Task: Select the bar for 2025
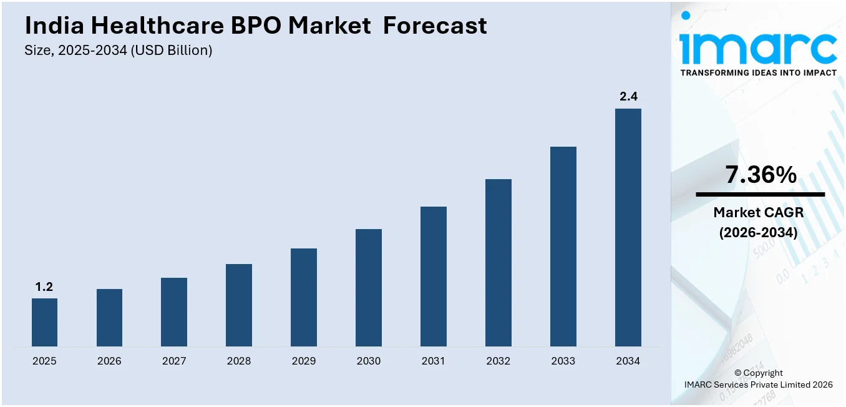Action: [44, 322]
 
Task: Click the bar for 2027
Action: [174, 312]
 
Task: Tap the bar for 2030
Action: [368, 288]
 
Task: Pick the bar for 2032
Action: [498, 263]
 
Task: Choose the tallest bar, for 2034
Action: [628, 227]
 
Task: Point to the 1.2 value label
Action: [44, 287]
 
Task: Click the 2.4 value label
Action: [628, 97]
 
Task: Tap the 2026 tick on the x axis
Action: [109, 361]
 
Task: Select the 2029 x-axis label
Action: [303, 361]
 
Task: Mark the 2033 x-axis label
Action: [563, 361]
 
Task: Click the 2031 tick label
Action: [433, 361]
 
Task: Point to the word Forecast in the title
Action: [435, 26]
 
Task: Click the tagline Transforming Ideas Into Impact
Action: [758, 73]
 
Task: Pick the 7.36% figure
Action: [760, 175]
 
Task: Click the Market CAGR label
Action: [758, 213]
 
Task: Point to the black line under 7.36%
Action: [760, 194]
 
